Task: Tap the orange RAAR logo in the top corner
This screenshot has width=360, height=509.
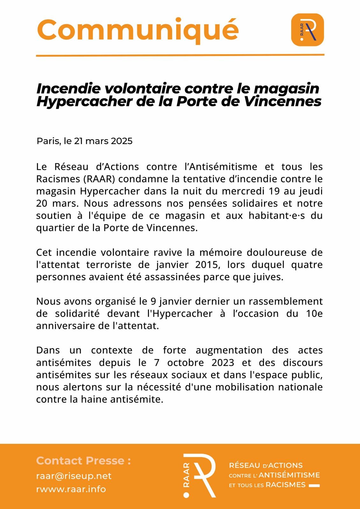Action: click(307, 30)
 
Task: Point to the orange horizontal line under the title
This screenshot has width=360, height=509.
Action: click(180, 55)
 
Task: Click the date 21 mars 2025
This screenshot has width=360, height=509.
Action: click(103, 141)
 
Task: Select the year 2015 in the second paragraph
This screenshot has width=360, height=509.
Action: click(207, 265)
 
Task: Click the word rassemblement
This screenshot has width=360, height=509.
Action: click(286, 301)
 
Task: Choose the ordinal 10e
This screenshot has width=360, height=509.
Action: click(314, 314)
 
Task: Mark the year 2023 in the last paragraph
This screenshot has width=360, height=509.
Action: click(223, 363)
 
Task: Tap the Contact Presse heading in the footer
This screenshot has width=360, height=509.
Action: click(83, 461)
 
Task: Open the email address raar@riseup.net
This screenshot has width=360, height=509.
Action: click(74, 476)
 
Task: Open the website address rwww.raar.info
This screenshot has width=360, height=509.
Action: click(71, 489)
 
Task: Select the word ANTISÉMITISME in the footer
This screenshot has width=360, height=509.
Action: click(289, 475)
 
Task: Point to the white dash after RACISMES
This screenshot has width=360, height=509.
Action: click(314, 485)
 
